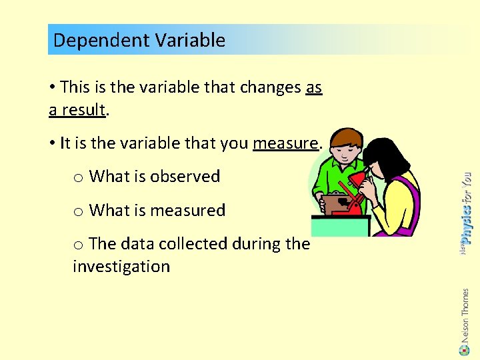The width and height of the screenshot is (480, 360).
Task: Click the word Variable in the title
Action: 190,40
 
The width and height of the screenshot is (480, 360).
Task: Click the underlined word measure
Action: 285,143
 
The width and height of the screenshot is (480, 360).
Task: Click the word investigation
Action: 121,267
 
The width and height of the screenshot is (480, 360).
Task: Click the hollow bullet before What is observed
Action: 78,178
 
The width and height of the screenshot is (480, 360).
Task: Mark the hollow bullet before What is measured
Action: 78,212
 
